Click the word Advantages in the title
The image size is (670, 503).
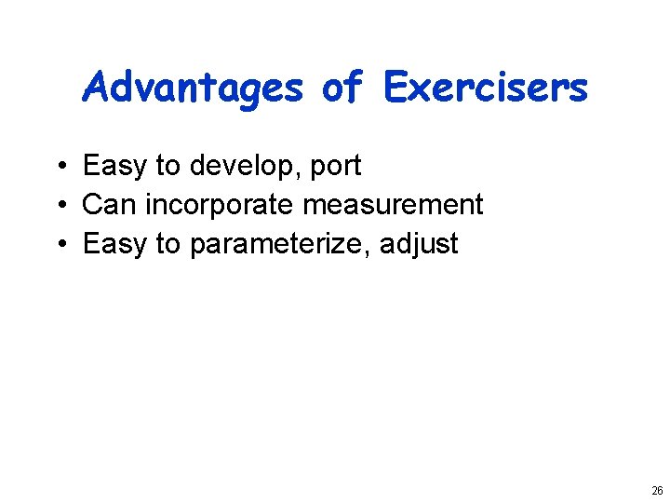[193, 88]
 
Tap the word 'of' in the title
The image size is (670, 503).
[342, 88]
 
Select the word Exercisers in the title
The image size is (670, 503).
[486, 88]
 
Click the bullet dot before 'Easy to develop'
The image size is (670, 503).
[58, 167]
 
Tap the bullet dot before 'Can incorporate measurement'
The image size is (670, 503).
[58, 206]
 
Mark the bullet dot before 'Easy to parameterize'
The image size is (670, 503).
[58, 245]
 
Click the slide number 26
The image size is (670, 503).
[657, 491]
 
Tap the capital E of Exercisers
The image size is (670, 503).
[395, 88]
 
